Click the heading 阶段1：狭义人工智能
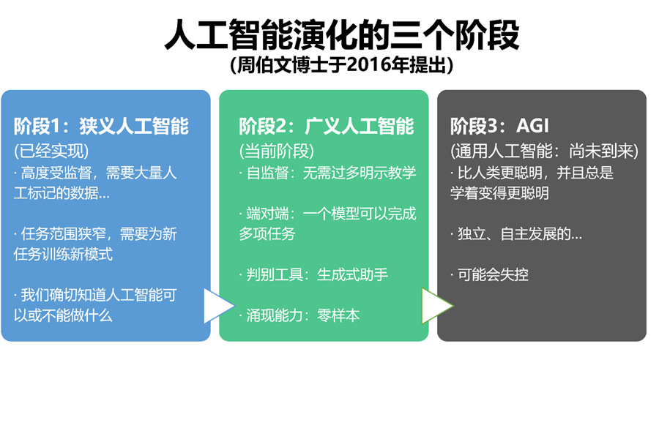[101, 126]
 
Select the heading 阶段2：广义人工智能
[327, 126]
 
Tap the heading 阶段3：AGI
[499, 126]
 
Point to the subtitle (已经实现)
[51, 151]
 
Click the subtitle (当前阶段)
[276, 151]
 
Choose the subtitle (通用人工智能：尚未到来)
[544, 151]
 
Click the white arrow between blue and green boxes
[217, 307]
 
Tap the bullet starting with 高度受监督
[95, 183]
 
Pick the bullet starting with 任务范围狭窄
[95, 244]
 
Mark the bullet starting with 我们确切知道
[95, 305]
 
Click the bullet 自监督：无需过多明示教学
[327, 173]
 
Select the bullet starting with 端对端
[327, 223]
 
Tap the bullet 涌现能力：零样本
[299, 316]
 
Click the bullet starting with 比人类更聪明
[532, 183]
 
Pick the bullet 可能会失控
[490, 275]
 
